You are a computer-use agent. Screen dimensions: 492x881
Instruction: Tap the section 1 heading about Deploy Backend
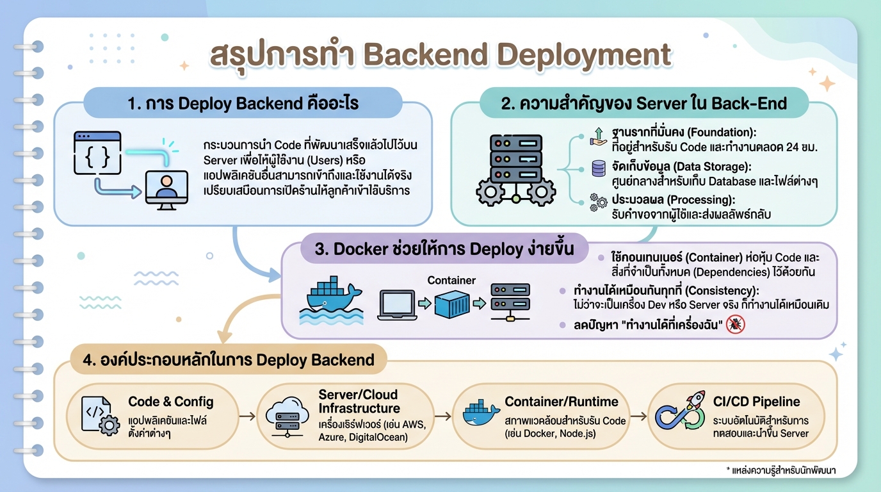243,103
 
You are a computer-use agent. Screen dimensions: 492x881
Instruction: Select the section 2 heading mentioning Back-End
643,103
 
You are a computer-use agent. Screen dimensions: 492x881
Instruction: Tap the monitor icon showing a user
166,187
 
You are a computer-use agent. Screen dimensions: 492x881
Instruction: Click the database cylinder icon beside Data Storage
599,168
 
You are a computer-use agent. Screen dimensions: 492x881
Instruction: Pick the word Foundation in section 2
720,133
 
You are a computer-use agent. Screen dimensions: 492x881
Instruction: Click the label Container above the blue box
451,280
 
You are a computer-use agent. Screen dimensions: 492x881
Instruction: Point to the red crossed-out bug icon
736,325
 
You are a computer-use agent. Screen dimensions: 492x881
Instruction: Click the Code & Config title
171,402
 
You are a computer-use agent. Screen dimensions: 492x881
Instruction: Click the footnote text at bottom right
781,471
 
